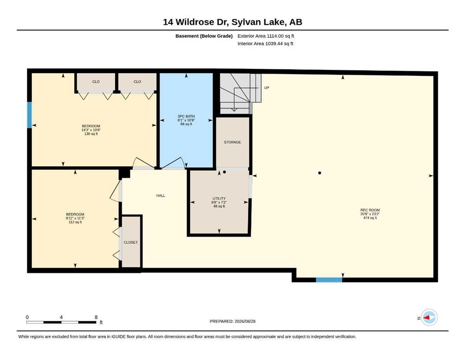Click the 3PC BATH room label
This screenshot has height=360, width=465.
coord(186,116)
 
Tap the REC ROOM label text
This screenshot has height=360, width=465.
coord(370,210)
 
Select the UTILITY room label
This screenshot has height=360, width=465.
coord(219,199)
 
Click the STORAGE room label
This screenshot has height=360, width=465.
coord(232,142)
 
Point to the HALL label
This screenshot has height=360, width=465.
coord(161,195)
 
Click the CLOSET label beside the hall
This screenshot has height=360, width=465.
coord(131,242)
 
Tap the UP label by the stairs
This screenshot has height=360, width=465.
coord(266,88)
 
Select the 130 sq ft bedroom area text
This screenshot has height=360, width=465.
coord(91,134)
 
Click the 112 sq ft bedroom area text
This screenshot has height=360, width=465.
coord(75,222)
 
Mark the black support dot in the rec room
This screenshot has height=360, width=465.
coord(319,172)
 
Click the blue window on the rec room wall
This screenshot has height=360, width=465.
coord(329,279)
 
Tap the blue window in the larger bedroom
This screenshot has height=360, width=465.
coord(30,115)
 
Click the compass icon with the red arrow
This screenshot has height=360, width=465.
coord(429,317)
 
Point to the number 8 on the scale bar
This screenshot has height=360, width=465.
coord(96,317)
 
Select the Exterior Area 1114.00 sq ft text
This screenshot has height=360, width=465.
coord(266,36)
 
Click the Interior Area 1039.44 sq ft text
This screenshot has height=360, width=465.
coord(266,44)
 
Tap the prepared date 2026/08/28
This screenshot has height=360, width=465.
coord(245,321)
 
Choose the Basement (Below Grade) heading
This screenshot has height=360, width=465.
coord(204,36)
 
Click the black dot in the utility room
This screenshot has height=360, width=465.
coord(224,172)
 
